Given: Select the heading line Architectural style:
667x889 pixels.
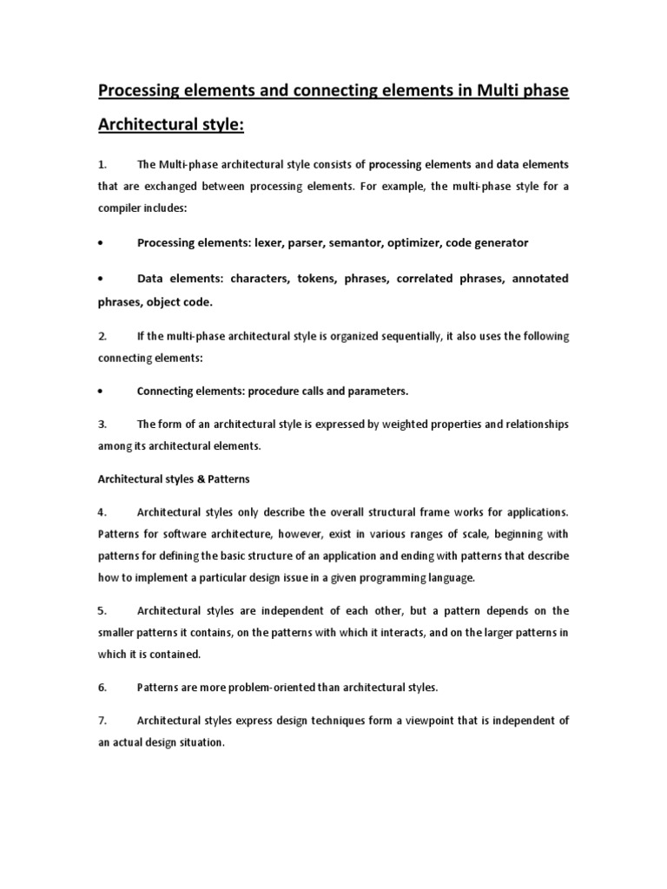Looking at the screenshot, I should [x=171, y=126].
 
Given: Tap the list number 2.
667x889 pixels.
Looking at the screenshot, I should [x=102, y=336].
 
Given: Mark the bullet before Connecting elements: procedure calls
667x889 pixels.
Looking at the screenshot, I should [x=102, y=392].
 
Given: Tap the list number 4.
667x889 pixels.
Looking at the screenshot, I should [x=102, y=512].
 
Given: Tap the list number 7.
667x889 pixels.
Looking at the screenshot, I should [x=102, y=721].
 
